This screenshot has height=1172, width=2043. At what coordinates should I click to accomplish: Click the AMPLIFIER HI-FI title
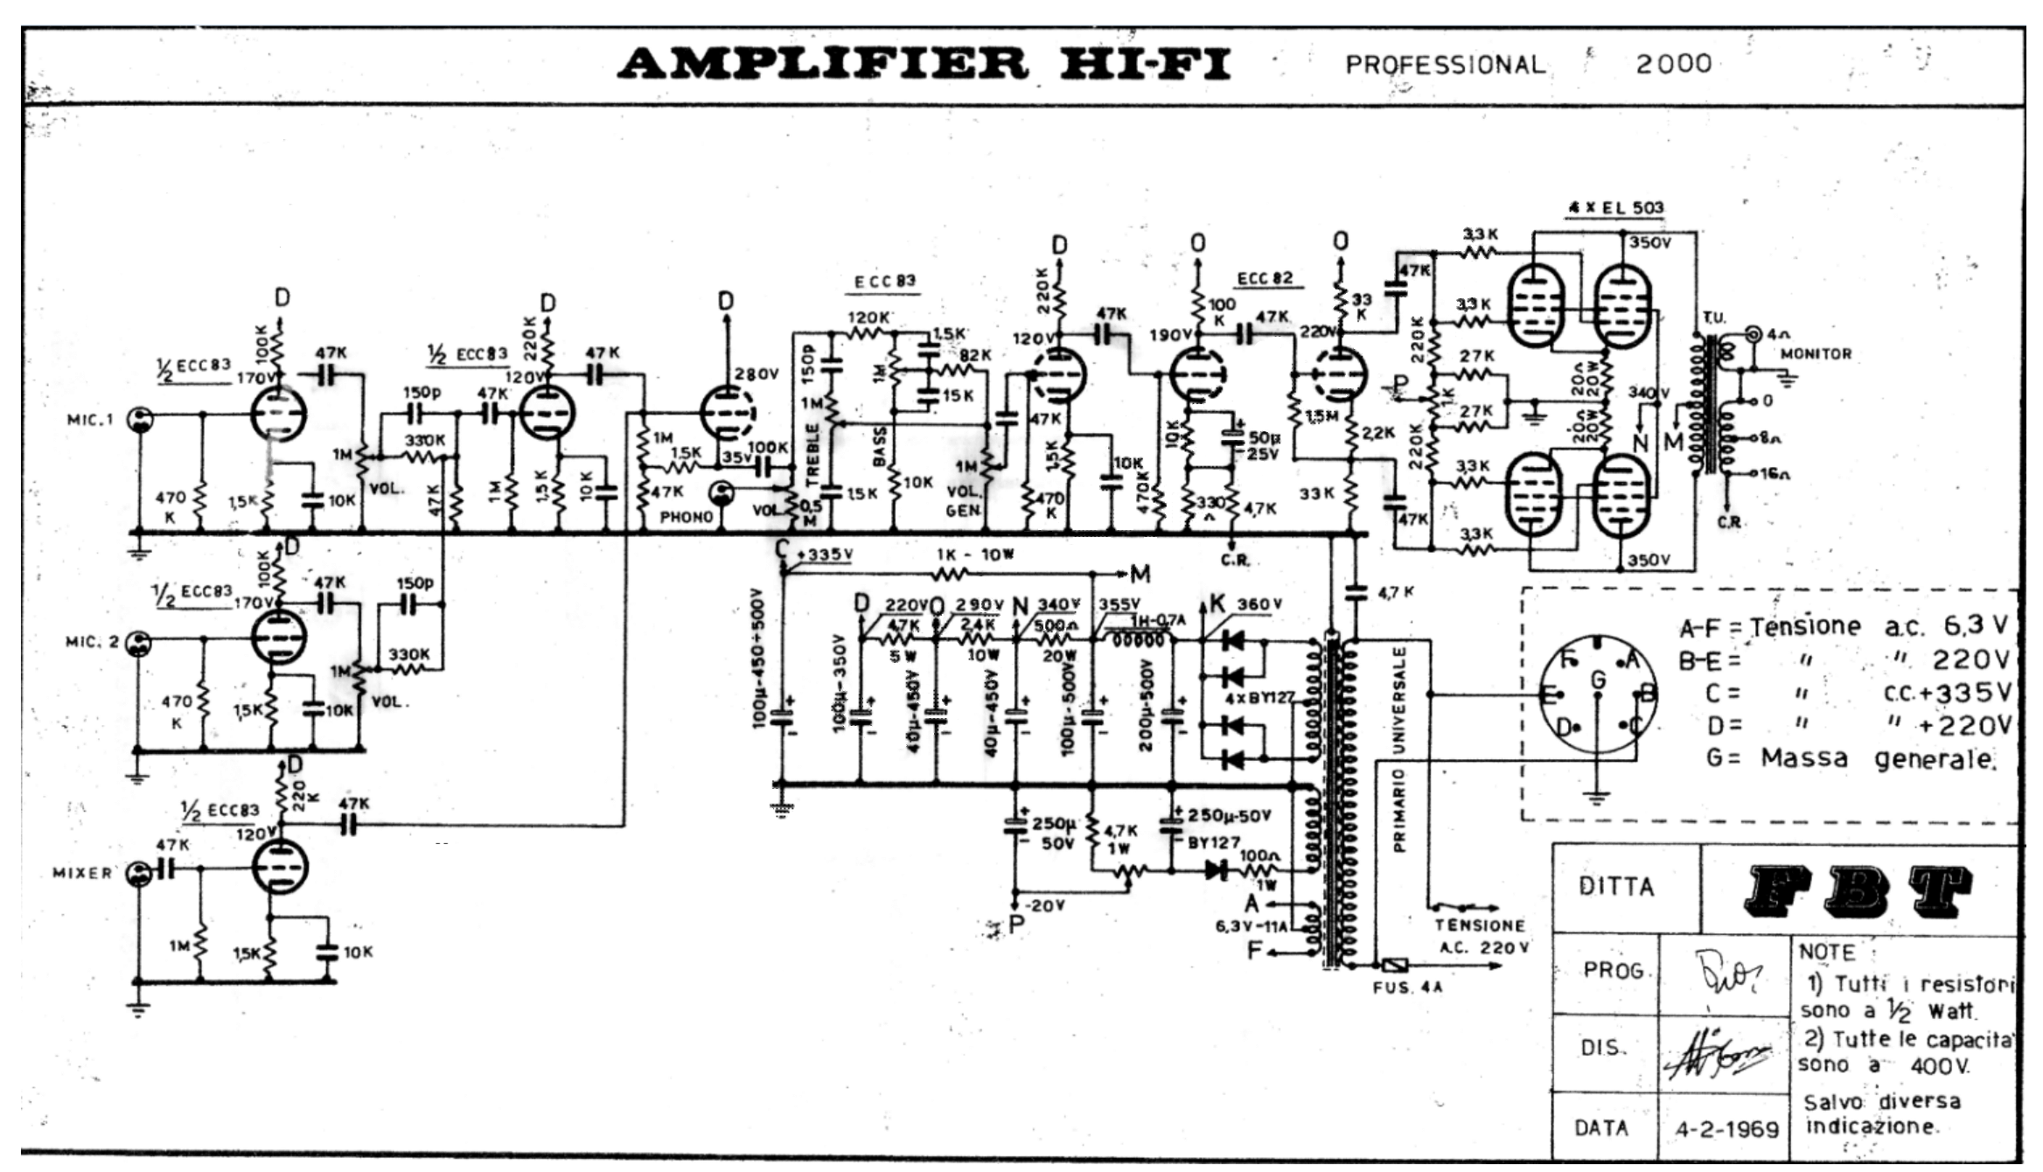click(924, 63)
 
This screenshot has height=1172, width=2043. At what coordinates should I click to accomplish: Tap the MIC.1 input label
click(91, 420)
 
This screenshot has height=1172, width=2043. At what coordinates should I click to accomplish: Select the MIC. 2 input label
click(92, 642)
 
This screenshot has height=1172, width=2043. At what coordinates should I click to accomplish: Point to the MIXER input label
click(83, 873)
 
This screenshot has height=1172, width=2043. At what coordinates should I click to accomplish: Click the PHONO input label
click(687, 517)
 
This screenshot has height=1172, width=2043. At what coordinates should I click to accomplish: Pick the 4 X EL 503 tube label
click(1615, 208)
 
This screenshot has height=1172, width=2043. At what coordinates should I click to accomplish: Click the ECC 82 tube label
click(1265, 278)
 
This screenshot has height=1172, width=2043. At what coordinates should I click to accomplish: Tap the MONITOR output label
click(1816, 354)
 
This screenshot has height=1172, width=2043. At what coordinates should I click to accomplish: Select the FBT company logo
click(1858, 890)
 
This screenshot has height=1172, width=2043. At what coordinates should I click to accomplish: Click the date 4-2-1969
click(1726, 1130)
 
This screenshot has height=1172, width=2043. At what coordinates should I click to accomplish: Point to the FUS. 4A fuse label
click(1407, 987)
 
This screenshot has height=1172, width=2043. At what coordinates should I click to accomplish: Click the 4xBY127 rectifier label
click(1259, 699)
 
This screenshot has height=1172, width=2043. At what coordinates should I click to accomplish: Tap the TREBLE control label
click(812, 455)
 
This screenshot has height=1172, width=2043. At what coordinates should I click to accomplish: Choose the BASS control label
click(880, 446)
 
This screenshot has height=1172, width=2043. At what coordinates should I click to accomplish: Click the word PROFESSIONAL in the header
click(1445, 65)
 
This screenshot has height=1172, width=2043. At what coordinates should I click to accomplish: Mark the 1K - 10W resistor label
click(974, 555)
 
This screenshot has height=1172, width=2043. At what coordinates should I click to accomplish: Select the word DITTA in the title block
click(1616, 887)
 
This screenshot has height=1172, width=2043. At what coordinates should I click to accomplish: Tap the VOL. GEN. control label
click(964, 500)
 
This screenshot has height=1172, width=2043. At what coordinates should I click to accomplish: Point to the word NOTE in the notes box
click(1827, 952)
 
